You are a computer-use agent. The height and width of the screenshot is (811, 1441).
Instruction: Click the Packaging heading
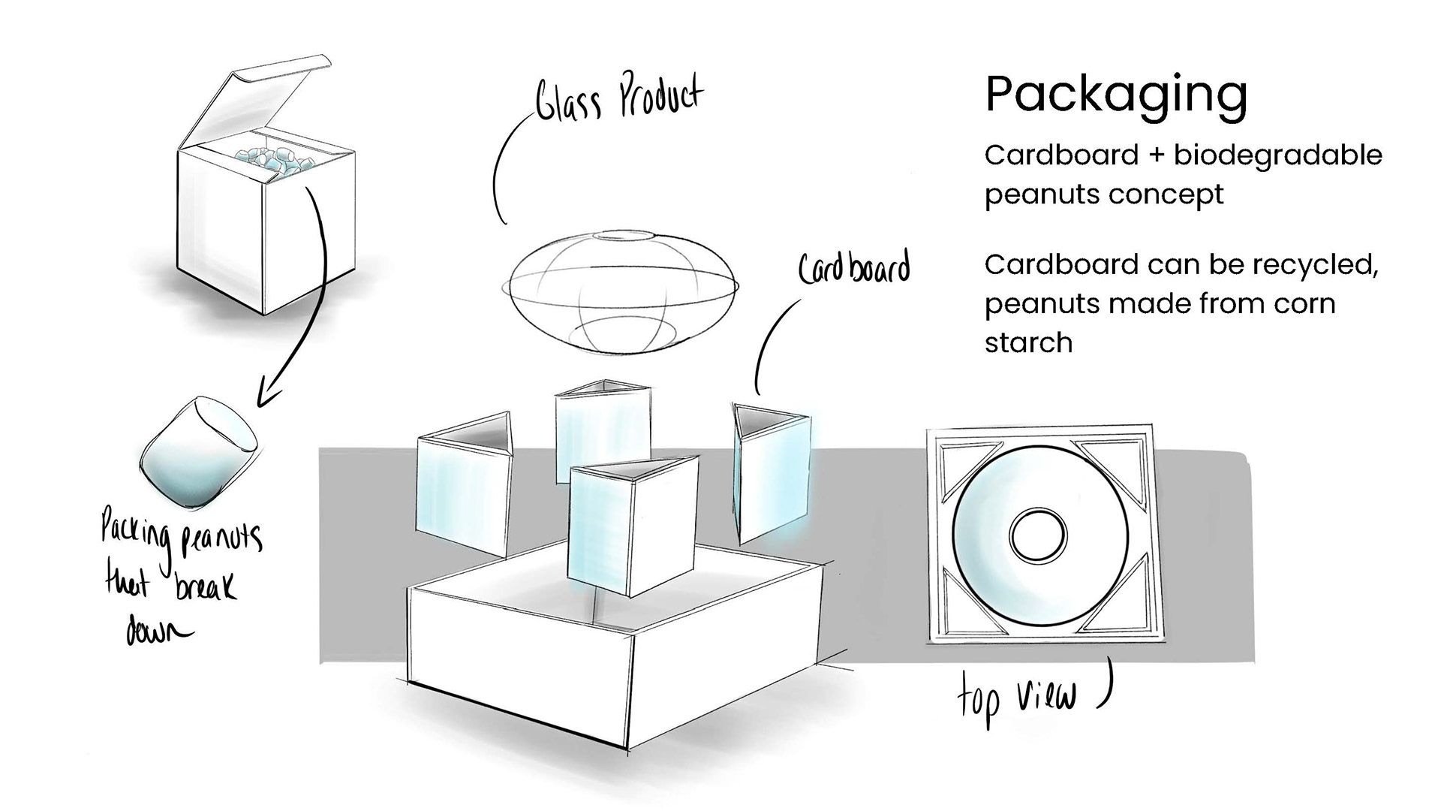pyautogui.click(x=1116, y=95)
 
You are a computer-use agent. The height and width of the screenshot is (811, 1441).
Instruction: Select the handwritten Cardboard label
pyautogui.click(x=854, y=269)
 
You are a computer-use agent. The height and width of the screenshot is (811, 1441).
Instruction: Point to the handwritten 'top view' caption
pyautogui.click(x=1017, y=698)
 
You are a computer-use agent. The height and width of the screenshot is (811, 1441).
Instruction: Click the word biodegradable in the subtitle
pyautogui.click(x=1278, y=157)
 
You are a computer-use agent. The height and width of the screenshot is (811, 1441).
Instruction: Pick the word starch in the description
pyautogui.click(x=1028, y=343)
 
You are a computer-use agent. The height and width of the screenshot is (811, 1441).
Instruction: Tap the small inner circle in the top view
pyautogui.click(x=1038, y=535)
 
